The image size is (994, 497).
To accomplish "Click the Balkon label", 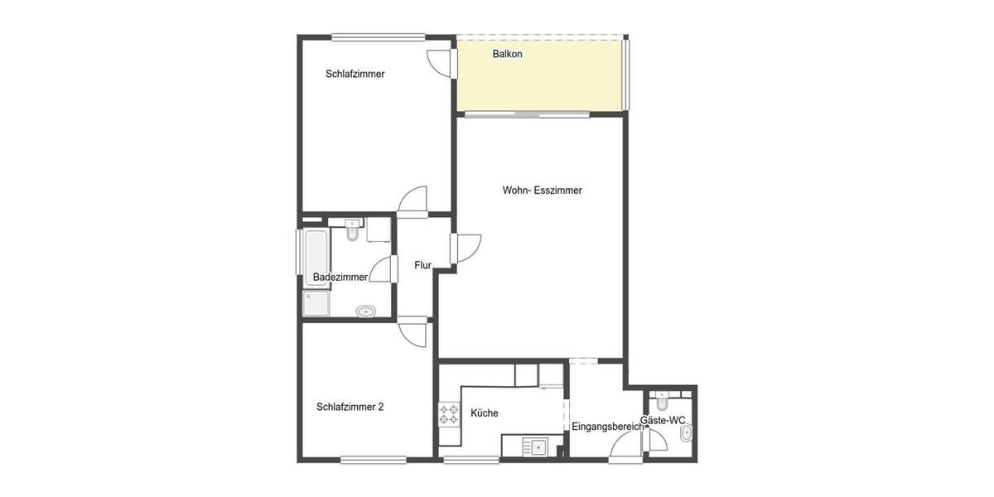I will coord(507,54).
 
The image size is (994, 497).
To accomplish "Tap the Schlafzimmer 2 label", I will coord(350,407).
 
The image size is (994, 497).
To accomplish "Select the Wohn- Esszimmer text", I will coord(542,190).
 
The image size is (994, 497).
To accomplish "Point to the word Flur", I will coord(422,265).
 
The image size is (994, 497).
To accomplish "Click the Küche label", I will coord(484,413).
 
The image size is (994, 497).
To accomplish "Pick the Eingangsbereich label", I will coord(607,427).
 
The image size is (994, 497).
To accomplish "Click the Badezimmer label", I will coord(340,277).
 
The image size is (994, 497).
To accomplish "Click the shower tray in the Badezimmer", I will coord(316,304).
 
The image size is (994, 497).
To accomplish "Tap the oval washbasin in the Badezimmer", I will coord(365,311).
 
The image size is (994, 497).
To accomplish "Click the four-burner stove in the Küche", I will coord(449,413).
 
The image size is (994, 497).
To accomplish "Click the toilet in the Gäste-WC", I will coord(661,403).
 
